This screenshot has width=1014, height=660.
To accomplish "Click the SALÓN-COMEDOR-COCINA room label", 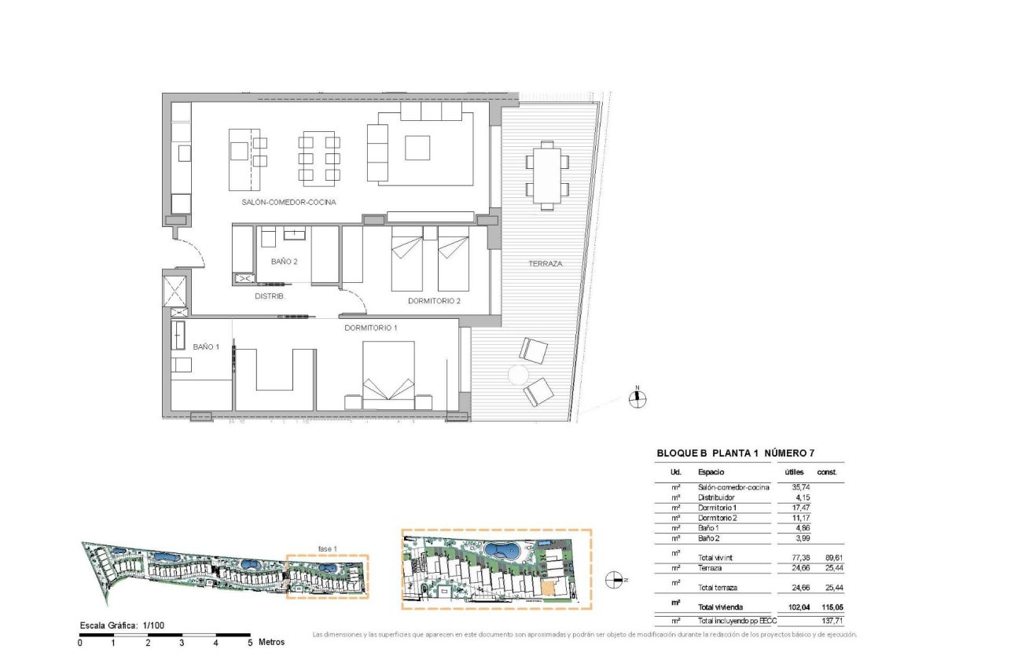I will coord(289,202).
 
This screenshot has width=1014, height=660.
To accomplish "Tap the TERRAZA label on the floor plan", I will coord(545,264).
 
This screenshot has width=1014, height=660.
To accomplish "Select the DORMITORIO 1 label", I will coord(371,328).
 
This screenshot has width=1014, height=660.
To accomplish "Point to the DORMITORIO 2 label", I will coord(434,301).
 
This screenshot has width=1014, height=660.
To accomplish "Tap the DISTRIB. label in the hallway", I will coord(270,296).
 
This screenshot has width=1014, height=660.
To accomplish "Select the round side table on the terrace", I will coord(520,376).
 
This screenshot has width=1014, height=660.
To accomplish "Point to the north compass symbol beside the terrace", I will coord(639,398).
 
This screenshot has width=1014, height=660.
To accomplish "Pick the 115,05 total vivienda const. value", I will coord(830,607).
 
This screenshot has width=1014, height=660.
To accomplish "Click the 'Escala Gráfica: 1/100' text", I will coord(122,625).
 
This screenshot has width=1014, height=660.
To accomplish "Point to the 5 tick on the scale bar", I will coord(250,642).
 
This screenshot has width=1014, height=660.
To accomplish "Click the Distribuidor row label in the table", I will coord(716,497).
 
